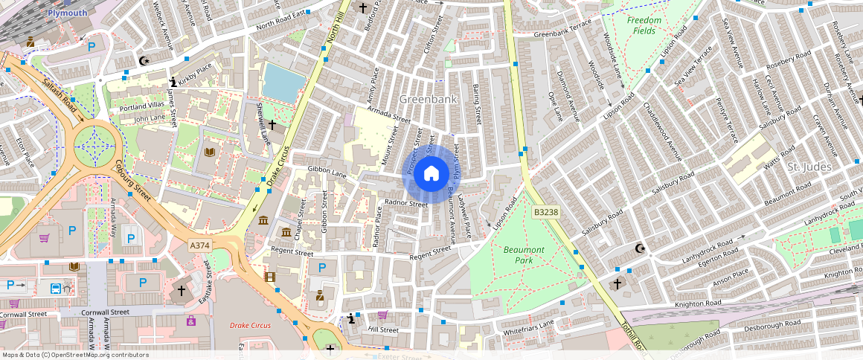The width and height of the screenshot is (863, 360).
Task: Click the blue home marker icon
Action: pyautogui.click(x=431, y=174)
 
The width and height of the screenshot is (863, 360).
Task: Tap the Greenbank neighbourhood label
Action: pyautogui.click(x=427, y=99)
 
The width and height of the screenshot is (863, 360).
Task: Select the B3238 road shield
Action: pyautogui.click(x=545, y=213)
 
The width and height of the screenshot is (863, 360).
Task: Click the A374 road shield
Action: pyautogui.click(x=199, y=245)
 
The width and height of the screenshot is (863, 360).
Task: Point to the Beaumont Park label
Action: pyautogui.click(x=524, y=255)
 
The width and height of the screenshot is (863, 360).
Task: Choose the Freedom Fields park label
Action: pyautogui.click(x=644, y=25)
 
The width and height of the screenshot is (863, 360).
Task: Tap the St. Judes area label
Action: pyautogui.click(x=809, y=167)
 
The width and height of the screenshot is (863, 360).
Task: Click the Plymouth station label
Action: pyautogui.click(x=67, y=13)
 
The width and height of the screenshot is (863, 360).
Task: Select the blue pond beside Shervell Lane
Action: pyautogui.click(x=283, y=82)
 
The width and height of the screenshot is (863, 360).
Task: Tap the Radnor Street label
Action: pyautogui.click(x=406, y=203)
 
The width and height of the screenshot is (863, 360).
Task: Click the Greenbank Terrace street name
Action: pyautogui.click(x=562, y=33)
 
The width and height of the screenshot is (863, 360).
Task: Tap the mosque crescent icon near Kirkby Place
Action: pyautogui.click(x=144, y=60)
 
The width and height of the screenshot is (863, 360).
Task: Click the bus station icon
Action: pyautogui.click(x=56, y=289)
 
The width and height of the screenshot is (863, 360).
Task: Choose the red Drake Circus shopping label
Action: pyautogui.click(x=250, y=326)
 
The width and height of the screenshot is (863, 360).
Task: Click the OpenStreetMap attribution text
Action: pyautogui.click(x=74, y=355)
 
